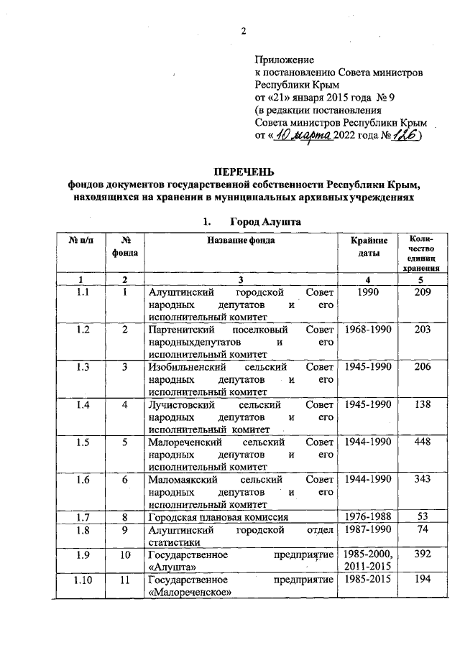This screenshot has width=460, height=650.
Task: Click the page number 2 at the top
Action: pos(244,30)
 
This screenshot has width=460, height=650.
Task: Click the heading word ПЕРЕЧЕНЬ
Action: pos(244,170)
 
